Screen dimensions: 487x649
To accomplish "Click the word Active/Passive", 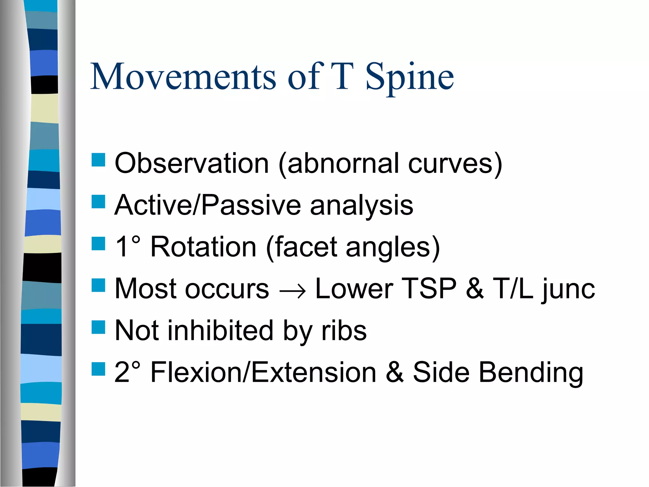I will point(208,205).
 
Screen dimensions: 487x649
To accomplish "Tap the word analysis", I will point(362,205).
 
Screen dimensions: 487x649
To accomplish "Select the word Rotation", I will point(203,247).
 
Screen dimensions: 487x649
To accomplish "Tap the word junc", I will point(569,289).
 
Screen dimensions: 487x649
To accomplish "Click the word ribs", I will point(344,331).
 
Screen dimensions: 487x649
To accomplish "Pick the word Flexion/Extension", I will point(263,372).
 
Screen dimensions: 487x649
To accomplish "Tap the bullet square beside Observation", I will point(98,160).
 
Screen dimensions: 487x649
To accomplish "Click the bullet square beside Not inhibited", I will point(98,327).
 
